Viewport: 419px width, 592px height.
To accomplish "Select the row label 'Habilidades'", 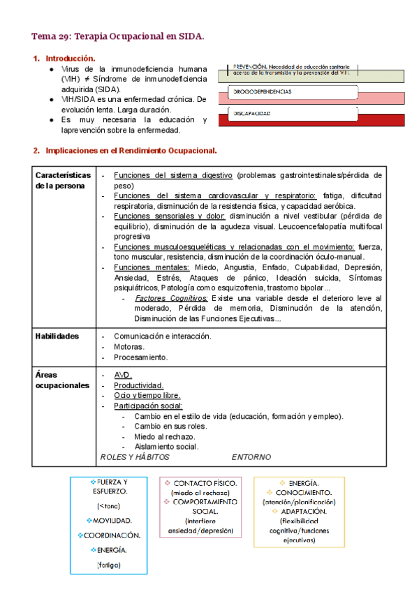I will (57, 336).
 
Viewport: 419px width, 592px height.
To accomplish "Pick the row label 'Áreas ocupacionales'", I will (62, 380).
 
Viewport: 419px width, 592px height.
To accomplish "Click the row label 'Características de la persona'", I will (63, 180).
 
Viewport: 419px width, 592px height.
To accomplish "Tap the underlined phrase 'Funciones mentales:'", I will (142, 267).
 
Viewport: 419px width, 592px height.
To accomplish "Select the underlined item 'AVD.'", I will (123, 375).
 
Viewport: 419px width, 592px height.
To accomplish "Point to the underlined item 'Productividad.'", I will (139, 385).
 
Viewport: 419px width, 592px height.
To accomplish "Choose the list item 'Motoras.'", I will (129, 346).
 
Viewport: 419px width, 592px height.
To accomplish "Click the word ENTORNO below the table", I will (251, 457).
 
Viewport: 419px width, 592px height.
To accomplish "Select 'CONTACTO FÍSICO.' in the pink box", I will (205, 483).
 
